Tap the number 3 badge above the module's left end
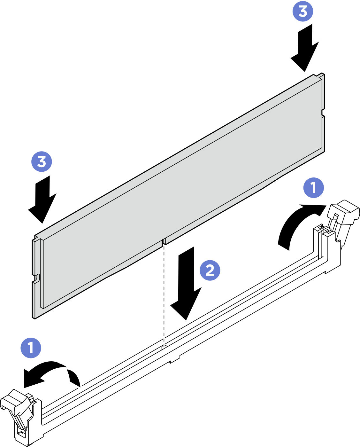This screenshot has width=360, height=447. [42, 161]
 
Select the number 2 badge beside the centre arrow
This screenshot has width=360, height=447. [210, 270]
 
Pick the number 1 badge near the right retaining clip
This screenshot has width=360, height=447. [313, 188]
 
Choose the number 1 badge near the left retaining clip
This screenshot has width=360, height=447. [31, 348]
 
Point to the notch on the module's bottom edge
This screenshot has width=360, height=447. [164, 241]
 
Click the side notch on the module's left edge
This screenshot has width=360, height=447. [36, 278]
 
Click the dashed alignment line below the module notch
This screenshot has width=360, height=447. [164, 294]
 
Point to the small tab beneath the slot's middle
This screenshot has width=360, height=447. [174, 359]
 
